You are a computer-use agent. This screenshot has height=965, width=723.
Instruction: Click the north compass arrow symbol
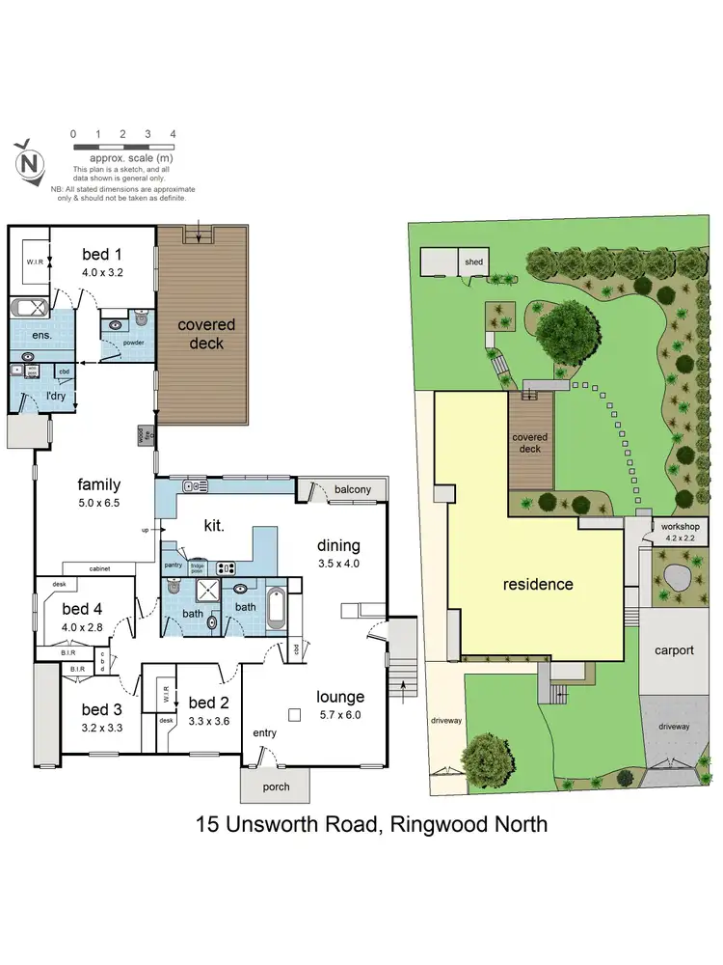(x=28, y=161)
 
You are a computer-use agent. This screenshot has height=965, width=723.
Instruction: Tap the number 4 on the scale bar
(x=173, y=134)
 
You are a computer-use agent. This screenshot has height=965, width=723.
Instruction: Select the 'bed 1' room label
(x=102, y=255)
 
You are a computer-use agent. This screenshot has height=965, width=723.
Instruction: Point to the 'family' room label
(x=99, y=484)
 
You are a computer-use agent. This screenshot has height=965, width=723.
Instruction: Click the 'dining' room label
(x=336, y=546)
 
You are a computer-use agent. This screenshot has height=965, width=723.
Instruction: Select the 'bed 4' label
(x=84, y=609)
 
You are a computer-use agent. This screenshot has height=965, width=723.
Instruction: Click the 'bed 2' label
(x=208, y=703)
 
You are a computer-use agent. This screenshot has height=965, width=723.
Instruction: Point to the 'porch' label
(x=276, y=786)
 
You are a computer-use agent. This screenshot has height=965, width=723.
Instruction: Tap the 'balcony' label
(x=353, y=489)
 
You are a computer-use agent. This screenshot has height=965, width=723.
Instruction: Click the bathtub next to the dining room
(x=276, y=608)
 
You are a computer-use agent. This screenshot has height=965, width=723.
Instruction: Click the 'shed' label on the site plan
(x=473, y=262)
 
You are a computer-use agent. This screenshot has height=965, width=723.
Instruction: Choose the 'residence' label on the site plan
(x=538, y=584)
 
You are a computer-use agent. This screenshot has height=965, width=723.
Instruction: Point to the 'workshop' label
(x=679, y=526)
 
